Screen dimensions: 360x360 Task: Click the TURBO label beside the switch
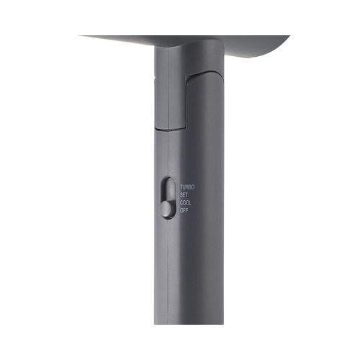[x=187, y=187]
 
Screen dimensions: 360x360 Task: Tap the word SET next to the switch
[x=184, y=195]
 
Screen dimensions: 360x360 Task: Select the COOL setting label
[x=186, y=203]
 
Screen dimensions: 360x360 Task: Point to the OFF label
[x=184, y=211]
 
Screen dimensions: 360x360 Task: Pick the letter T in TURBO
[x=181, y=187]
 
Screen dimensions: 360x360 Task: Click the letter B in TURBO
[x=190, y=187]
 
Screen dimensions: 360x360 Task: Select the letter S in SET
[x=181, y=195]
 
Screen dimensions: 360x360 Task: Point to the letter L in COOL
[x=190, y=203]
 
